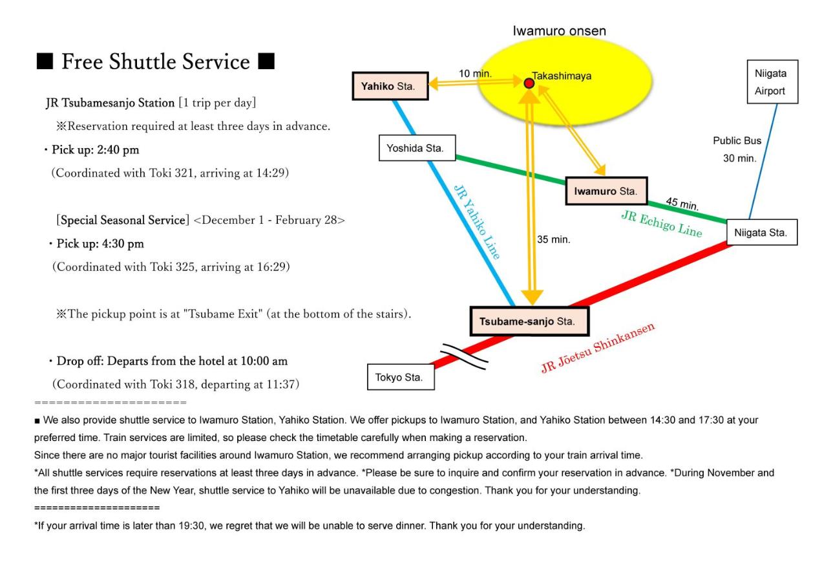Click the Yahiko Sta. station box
click(x=390, y=86)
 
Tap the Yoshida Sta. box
click(x=417, y=148)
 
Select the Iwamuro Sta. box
click(x=606, y=191)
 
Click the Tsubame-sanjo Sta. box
click(x=529, y=321)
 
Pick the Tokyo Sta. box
click(x=401, y=377)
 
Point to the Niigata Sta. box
click(x=762, y=232)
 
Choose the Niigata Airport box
click(x=772, y=81)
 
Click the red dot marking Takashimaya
click(x=529, y=83)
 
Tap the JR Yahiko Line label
click(x=477, y=222)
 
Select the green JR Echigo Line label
click(x=662, y=224)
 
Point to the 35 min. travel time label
click(x=553, y=239)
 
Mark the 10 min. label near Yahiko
click(x=475, y=74)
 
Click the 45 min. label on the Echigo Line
click(x=682, y=204)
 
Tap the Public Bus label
click(x=737, y=140)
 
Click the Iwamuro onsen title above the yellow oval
click(x=559, y=31)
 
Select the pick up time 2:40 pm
click(x=118, y=150)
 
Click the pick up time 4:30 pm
click(x=123, y=243)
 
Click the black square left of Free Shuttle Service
click(x=45, y=61)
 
